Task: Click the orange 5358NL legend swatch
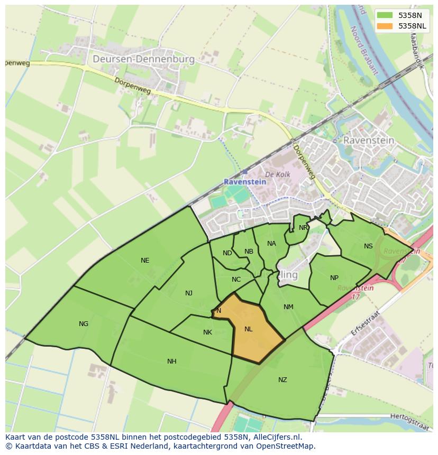tap(385, 26)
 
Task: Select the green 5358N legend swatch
tap(385, 15)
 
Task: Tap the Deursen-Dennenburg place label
tap(143, 59)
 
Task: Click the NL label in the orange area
tap(249, 329)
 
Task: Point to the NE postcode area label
tap(145, 261)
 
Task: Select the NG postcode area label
tap(84, 324)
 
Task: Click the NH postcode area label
tap(172, 361)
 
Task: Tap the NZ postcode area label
tap(282, 380)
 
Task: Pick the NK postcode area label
tap(207, 332)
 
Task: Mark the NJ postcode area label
tap(189, 293)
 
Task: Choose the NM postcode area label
tap(288, 307)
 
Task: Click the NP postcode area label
tap(334, 278)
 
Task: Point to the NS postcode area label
tap(368, 246)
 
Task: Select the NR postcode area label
tap(303, 228)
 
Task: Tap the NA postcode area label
tap(271, 244)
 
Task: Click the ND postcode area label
tap(227, 253)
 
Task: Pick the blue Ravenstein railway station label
tap(245, 182)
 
